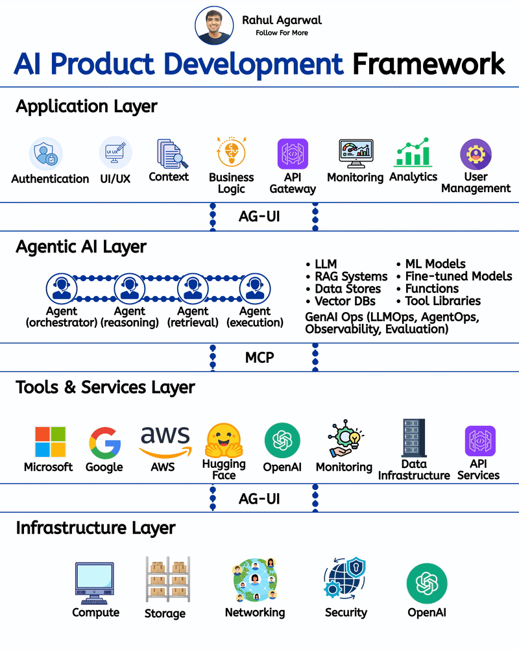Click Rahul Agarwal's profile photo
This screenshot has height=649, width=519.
click(214, 26)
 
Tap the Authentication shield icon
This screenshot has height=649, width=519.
click(46, 154)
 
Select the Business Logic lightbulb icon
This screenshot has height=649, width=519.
click(231, 154)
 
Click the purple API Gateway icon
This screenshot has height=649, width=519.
click(293, 154)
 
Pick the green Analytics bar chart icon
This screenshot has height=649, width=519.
click(413, 153)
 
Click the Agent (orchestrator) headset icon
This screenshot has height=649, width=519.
click(62, 288)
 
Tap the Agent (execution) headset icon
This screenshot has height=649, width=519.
click(255, 288)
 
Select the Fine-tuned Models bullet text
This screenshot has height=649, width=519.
click(458, 276)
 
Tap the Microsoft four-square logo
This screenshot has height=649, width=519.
click(50, 442)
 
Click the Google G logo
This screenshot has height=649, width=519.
click(104, 444)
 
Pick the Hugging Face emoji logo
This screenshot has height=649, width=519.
click(224, 441)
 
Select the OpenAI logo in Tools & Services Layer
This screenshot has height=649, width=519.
click(282, 441)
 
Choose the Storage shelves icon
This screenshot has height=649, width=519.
click(166, 580)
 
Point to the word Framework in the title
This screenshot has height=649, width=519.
click(428, 64)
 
